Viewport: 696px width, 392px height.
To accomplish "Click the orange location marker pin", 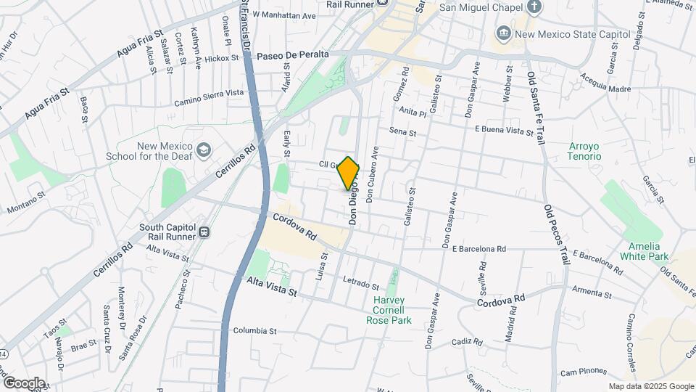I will (349, 174).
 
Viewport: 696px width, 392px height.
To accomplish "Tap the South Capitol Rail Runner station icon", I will (205, 232).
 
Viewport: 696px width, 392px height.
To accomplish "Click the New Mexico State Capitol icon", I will (503, 33).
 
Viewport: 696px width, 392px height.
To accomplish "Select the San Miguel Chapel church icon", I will (534, 8).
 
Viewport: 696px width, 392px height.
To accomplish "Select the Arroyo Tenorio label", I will (585, 151).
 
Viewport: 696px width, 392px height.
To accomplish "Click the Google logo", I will (24, 383).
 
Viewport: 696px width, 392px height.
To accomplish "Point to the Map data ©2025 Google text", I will (650, 387).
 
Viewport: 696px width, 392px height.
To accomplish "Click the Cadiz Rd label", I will (467, 342).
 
